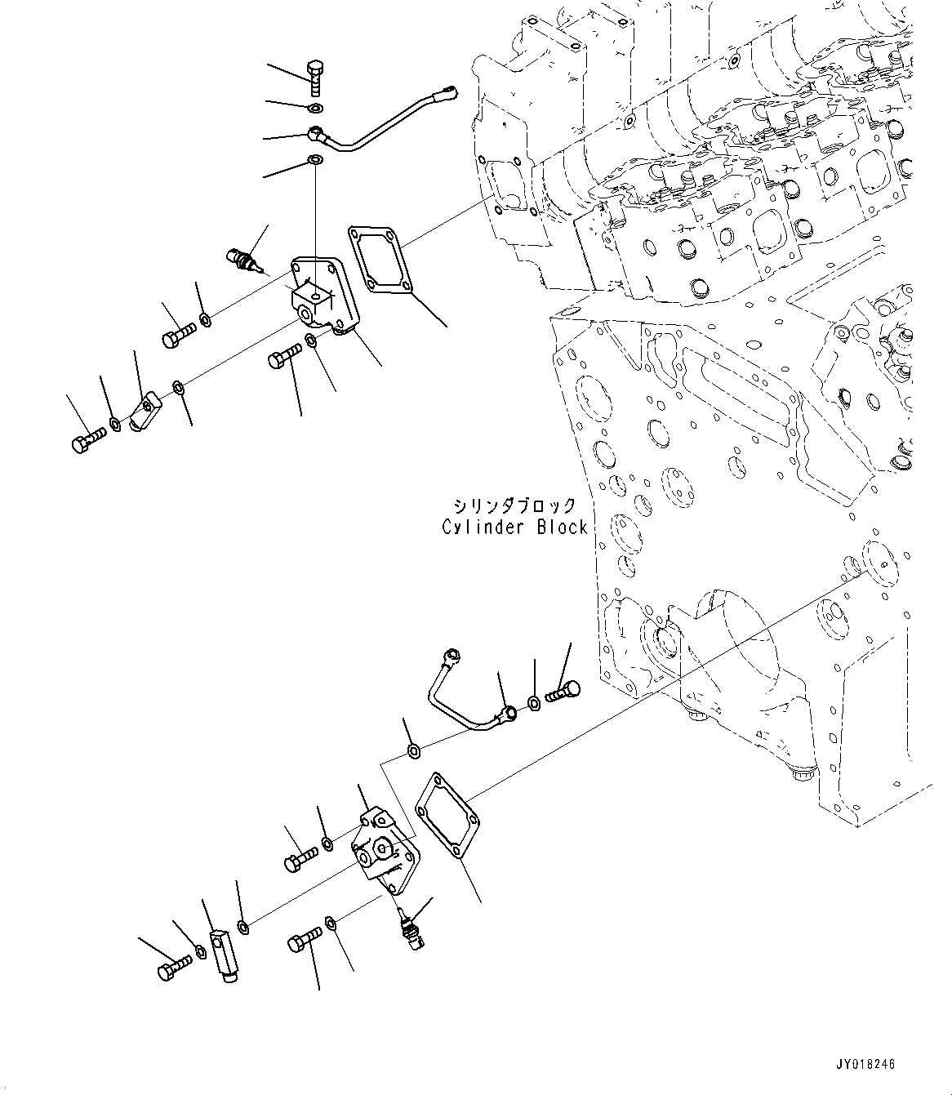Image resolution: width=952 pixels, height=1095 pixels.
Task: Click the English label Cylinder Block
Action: (514, 527)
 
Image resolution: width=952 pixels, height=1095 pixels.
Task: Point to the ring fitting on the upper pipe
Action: (317, 132)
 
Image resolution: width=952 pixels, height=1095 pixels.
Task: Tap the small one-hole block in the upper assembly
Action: (146, 410)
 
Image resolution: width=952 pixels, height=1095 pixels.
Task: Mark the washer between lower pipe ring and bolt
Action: (533, 703)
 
